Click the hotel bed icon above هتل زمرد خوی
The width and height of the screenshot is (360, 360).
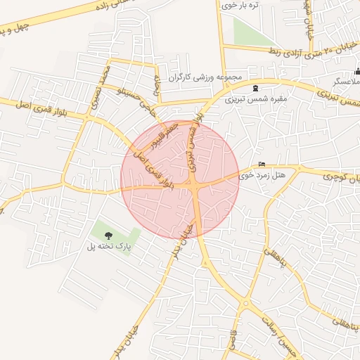pos(262,163)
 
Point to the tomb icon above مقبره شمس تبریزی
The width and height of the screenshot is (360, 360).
pos(254,89)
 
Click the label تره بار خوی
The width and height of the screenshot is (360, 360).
pos(240,6)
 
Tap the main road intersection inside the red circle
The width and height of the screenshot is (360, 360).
pos(195,186)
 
